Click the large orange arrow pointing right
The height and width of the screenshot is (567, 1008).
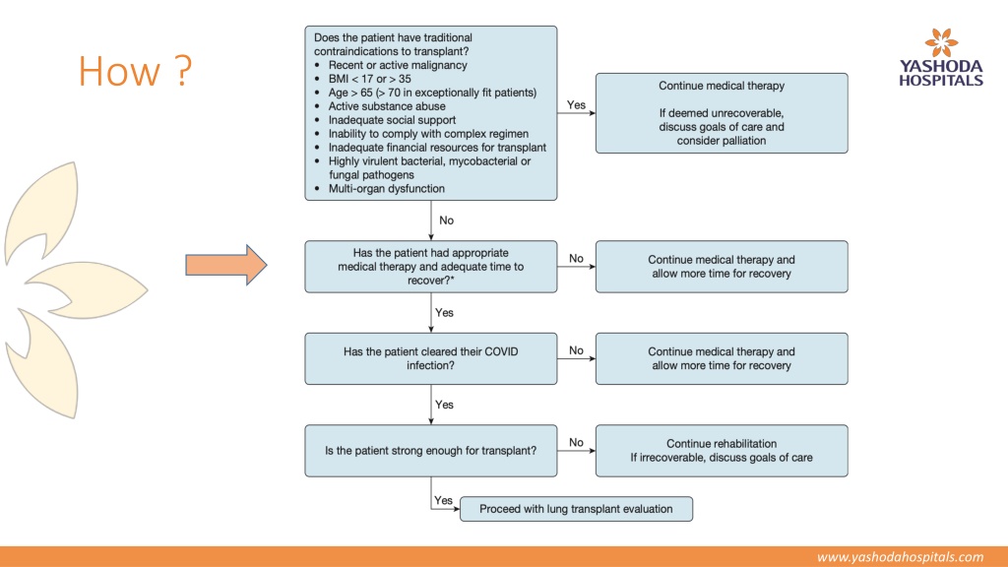pos(226,265)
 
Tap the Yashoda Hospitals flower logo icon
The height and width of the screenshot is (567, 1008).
pos(941,42)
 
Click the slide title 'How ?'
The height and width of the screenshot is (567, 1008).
pos(135,71)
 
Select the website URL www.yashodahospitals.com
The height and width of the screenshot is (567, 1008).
pos(900,557)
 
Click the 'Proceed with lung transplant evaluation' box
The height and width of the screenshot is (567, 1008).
pos(576,509)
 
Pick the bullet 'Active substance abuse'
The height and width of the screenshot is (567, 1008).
pos(386,106)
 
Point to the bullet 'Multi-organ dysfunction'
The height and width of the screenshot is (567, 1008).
pos(386,189)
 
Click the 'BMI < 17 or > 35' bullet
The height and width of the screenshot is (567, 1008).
pos(370,79)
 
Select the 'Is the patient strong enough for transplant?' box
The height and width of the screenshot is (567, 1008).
pos(431,451)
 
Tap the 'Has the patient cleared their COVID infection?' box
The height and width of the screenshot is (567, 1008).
pos(431,358)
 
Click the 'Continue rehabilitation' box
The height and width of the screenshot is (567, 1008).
pos(722,451)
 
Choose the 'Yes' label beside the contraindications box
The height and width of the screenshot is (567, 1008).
pos(576,104)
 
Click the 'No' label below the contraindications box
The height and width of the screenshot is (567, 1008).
pos(446,220)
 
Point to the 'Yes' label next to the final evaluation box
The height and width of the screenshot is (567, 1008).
pos(443,500)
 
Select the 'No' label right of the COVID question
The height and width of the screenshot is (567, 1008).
pos(576,350)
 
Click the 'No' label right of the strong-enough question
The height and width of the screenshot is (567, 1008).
pos(576,442)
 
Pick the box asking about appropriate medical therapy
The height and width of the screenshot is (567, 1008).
pos(431,267)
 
